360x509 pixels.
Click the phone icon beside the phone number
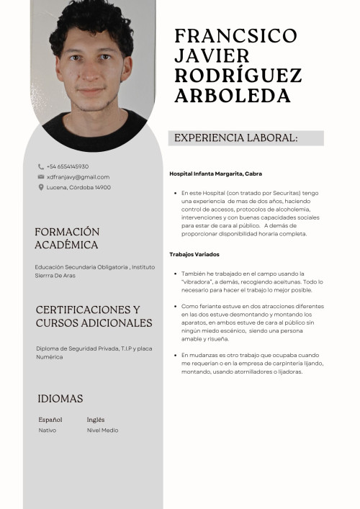41,166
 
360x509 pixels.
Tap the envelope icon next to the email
41,177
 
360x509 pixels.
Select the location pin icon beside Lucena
41,187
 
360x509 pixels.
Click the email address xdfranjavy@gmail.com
78,177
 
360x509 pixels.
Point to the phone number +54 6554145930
68,166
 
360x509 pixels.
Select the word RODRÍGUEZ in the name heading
238,76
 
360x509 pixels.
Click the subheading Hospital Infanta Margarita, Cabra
215,174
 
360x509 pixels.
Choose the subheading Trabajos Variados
194,254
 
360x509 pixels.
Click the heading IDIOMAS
60,399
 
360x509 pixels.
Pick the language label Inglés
96,420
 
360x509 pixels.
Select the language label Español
50,420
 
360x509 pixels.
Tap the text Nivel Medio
102,431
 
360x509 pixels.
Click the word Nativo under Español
48,431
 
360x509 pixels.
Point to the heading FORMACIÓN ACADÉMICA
67,238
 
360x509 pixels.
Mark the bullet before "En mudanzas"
175,356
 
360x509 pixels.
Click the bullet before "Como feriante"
175,307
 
